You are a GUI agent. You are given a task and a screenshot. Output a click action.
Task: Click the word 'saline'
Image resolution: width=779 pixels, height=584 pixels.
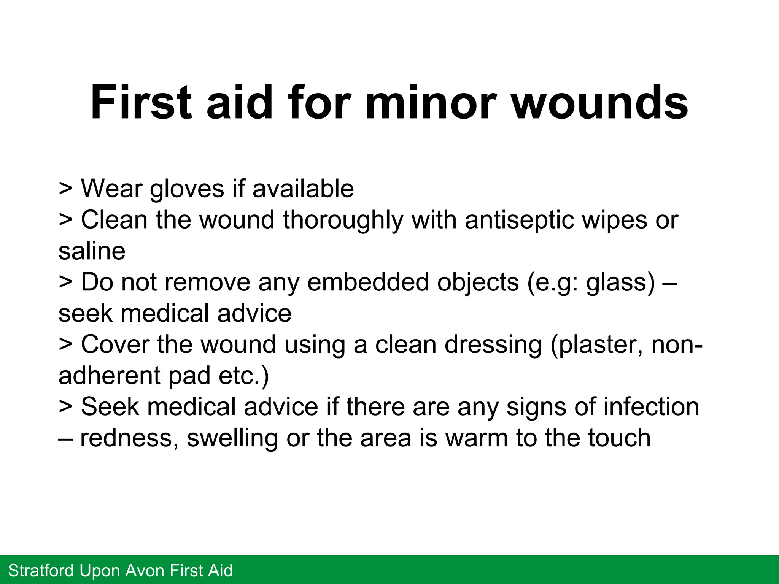92,251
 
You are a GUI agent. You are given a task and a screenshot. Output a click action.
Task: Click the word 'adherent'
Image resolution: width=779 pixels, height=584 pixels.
110,376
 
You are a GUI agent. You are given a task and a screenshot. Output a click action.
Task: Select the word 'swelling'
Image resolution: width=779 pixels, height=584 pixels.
232,438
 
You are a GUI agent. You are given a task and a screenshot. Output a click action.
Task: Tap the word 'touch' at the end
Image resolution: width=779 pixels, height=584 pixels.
617,438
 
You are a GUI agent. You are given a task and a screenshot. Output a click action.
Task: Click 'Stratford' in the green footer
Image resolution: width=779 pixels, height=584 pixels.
41,571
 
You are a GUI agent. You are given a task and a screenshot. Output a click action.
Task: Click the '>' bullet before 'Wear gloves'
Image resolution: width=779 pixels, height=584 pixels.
65,189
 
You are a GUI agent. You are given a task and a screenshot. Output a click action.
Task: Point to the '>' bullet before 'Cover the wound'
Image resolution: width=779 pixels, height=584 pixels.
65,344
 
